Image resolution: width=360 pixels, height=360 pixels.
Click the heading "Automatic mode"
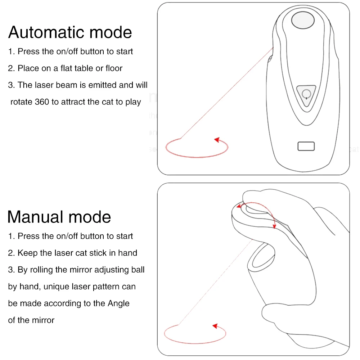click(x=70, y=32)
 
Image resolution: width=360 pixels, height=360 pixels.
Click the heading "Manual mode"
click(x=59, y=217)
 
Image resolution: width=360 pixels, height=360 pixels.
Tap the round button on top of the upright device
click(x=303, y=21)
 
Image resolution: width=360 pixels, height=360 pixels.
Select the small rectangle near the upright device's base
click(x=306, y=146)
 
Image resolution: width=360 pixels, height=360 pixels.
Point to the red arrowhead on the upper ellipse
click(x=217, y=140)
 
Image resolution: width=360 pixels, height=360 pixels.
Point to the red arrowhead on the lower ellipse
click(x=215, y=326)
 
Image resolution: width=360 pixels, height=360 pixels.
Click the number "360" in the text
click(x=42, y=102)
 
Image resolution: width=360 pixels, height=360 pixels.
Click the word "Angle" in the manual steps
click(x=118, y=303)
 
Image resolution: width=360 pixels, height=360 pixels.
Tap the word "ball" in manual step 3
click(x=137, y=270)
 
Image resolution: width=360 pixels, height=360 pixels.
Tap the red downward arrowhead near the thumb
click(x=274, y=226)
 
